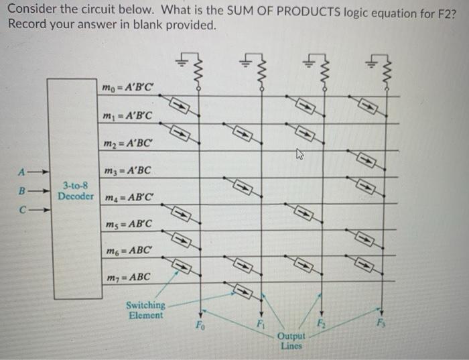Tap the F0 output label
(200, 327)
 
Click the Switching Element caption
(145, 310)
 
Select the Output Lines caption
(293, 341)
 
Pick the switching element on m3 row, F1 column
(243, 187)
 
